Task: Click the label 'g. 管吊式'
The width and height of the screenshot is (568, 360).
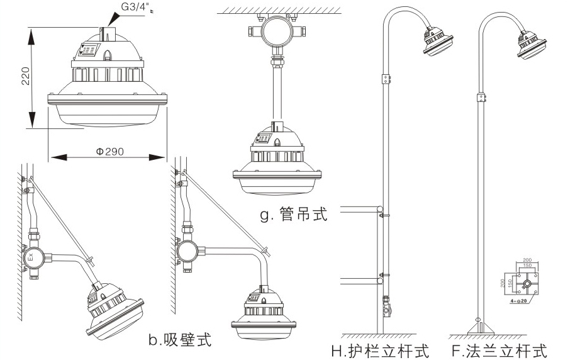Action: pyautogui.click(x=294, y=215)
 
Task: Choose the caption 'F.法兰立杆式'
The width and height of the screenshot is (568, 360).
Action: pyautogui.click(x=499, y=349)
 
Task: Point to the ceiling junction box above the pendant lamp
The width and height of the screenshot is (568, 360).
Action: pyautogui.click(x=275, y=30)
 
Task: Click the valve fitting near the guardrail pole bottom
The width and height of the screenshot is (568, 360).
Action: pyautogui.click(x=387, y=310)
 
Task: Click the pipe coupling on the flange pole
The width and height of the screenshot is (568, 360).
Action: pyautogui.click(x=481, y=98)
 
